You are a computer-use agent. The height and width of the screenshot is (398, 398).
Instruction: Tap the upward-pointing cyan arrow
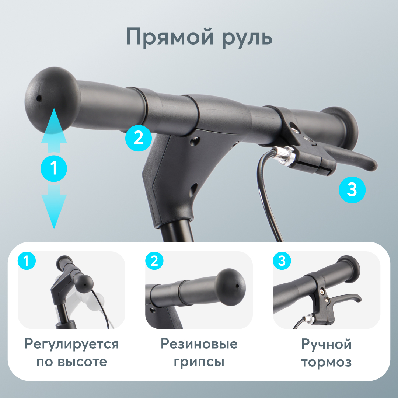click(54, 133)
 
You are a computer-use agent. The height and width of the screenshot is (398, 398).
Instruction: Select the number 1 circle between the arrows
click(54, 168)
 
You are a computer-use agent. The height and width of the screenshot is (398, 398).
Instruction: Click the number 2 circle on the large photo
click(138, 138)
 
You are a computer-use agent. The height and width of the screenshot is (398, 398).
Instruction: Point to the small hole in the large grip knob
click(39, 99)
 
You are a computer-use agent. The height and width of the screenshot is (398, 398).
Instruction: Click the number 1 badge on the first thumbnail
click(27, 261)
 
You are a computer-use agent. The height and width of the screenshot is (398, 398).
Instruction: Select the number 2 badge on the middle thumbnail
click(154, 261)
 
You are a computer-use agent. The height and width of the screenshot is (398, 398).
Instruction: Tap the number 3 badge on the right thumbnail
click(282, 261)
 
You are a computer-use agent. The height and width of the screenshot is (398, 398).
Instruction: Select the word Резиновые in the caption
click(199, 344)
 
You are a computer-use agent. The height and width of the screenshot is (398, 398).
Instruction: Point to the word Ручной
click(326, 344)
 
